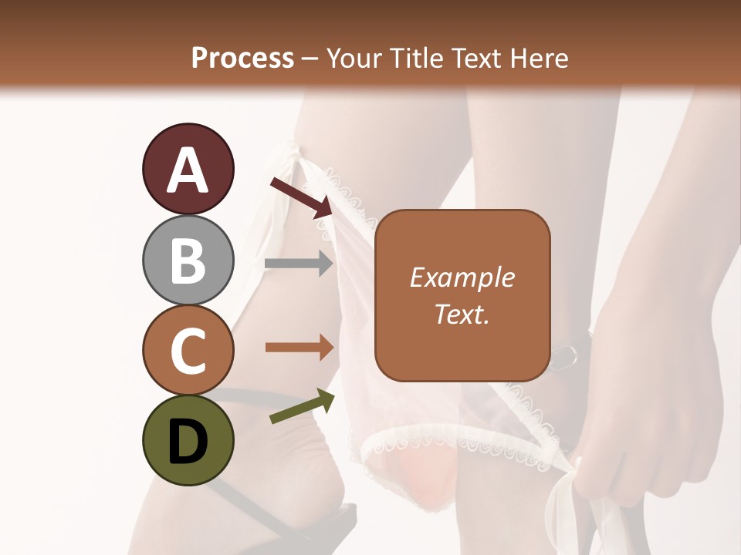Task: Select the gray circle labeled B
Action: click(x=188, y=260)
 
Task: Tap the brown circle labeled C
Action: click(x=188, y=350)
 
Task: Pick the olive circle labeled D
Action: click(x=188, y=440)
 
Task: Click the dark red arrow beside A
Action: click(x=300, y=197)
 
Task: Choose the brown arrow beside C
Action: click(x=299, y=348)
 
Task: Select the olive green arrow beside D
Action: click(x=302, y=407)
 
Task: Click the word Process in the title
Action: click(x=242, y=59)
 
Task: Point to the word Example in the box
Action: click(x=462, y=277)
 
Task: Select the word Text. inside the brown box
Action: click(x=462, y=314)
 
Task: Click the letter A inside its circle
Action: click(x=188, y=170)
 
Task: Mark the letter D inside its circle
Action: click(x=188, y=442)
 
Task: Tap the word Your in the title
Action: click(x=354, y=59)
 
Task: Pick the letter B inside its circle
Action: click(x=188, y=261)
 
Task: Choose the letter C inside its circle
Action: click(x=188, y=351)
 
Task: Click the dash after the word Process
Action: click(x=310, y=59)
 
